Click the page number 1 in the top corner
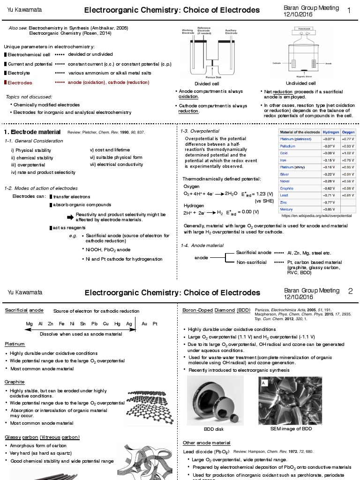[x=349, y=10]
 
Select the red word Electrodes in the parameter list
[x=20, y=82]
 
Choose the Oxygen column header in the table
[x=348, y=132]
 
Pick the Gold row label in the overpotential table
[x=284, y=153]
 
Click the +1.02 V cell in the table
[x=348, y=153]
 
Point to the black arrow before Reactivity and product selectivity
[x=70, y=216]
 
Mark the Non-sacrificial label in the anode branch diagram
[x=252, y=262]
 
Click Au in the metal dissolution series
[x=144, y=324]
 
